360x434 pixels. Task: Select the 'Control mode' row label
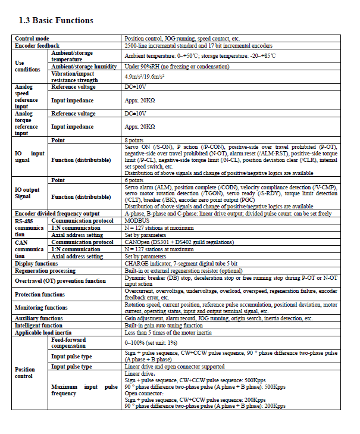[x=32, y=39]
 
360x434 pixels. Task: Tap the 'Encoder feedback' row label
[x=37, y=45]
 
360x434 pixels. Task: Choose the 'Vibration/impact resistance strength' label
[x=74, y=76]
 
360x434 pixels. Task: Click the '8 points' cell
[x=134, y=140]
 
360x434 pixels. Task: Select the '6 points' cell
[x=134, y=180]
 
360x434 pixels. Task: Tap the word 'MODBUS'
[x=137, y=220]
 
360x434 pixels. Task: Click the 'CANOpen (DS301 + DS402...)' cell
[x=179, y=242]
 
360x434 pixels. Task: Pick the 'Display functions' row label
[x=36, y=263]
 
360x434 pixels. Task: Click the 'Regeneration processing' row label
[x=43, y=270]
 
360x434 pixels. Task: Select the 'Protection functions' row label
[x=40, y=294]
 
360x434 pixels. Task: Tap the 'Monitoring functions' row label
[x=41, y=308]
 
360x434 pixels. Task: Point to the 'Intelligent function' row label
[x=39, y=326]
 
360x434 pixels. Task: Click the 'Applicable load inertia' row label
[x=44, y=332]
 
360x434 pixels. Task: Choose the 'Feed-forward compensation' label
[x=72, y=342]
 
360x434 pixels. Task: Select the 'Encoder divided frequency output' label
[x=57, y=213]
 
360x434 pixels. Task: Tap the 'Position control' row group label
[x=24, y=373]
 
